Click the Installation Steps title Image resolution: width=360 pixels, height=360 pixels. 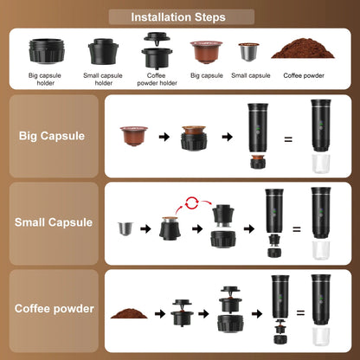179,16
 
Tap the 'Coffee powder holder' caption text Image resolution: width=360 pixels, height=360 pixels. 156,79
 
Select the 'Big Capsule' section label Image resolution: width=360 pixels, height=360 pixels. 51,136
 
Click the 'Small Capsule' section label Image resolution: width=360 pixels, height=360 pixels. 53,222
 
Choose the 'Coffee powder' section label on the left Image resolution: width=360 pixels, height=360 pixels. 54,307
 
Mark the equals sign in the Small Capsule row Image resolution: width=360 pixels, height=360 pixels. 296,229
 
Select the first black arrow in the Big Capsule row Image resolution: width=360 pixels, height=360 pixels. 164,137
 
